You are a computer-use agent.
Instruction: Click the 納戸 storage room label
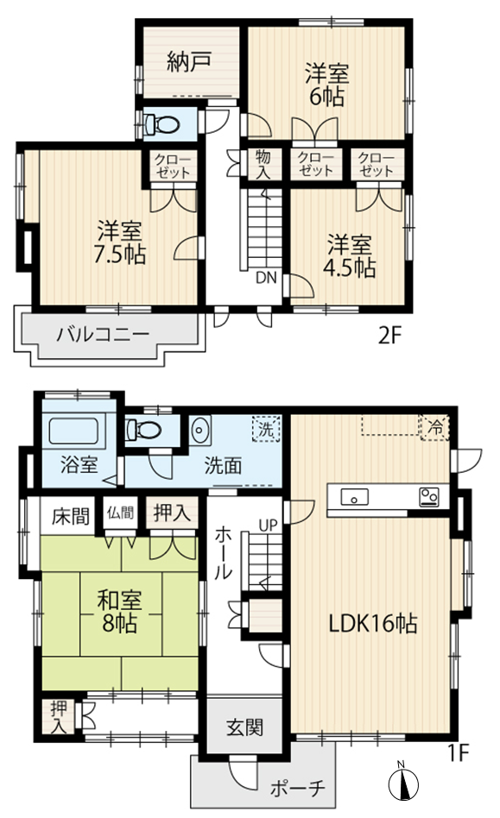point(189,61)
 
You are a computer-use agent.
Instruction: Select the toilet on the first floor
point(143,431)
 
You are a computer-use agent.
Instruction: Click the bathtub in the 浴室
point(78,431)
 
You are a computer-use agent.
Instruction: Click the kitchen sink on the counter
point(354,497)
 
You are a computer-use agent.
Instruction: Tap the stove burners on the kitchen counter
point(429,497)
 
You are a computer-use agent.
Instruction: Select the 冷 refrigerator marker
point(434,428)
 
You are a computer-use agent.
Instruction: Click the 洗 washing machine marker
point(267,430)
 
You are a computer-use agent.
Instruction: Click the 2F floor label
point(390,336)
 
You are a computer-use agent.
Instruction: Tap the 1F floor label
point(459,752)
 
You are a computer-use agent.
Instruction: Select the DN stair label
point(266,278)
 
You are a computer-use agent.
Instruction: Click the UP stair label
point(269,525)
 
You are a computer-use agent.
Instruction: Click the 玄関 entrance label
point(244,727)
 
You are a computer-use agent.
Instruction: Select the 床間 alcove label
point(71,516)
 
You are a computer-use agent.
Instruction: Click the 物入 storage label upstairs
point(263,164)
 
